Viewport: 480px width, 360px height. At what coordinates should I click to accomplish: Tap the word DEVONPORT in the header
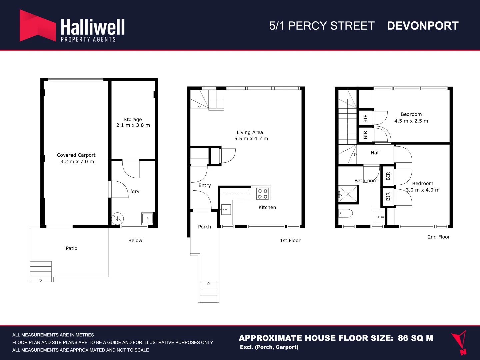[x=423, y=26]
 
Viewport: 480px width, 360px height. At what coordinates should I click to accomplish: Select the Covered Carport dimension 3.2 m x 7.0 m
[x=77, y=162]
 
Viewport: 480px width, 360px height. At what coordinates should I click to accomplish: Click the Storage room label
[x=133, y=119]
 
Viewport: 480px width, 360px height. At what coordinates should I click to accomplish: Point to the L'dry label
[x=134, y=191]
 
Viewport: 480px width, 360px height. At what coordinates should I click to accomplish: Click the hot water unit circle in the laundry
[x=118, y=219]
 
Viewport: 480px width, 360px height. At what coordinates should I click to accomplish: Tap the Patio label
[x=71, y=248]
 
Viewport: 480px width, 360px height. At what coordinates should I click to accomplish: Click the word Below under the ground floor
[x=135, y=240]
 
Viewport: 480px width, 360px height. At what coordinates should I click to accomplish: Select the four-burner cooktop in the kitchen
[x=263, y=194]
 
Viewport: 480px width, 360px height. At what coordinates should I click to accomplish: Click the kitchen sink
[x=226, y=210]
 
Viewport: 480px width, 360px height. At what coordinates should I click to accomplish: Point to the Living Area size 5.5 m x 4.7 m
[x=251, y=139]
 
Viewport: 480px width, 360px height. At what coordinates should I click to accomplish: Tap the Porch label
[x=204, y=227]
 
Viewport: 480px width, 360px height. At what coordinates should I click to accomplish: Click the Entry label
[x=205, y=185]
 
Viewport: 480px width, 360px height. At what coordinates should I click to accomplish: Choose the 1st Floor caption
[x=290, y=240]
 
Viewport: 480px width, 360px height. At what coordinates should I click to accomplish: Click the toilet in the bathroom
[x=346, y=213]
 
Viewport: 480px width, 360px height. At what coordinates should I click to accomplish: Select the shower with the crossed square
[x=348, y=194]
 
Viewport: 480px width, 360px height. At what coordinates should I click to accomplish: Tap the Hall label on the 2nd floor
[x=375, y=153]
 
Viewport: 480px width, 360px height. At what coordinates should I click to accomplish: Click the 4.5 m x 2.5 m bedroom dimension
[x=411, y=121]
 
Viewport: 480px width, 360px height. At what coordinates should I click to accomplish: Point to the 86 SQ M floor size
[x=415, y=338]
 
